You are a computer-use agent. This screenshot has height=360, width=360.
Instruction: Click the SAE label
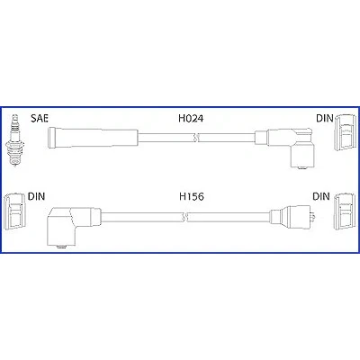point(40,118)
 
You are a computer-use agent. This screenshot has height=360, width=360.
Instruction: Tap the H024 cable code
point(191,119)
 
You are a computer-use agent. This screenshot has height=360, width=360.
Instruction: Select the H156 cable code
point(192,196)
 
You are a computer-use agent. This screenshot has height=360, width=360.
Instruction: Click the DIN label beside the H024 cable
point(325,118)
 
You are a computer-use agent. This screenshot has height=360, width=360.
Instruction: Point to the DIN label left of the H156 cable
point(36,196)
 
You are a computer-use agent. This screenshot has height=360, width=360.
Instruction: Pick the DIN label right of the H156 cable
point(321,196)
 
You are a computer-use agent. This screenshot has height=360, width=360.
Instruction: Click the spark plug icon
point(13,140)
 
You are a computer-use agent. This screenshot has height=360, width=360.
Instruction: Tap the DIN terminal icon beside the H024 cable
point(345,131)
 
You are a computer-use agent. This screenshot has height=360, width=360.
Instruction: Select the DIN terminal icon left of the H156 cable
point(14,210)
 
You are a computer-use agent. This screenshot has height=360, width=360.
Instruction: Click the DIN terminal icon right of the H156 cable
point(345,210)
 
